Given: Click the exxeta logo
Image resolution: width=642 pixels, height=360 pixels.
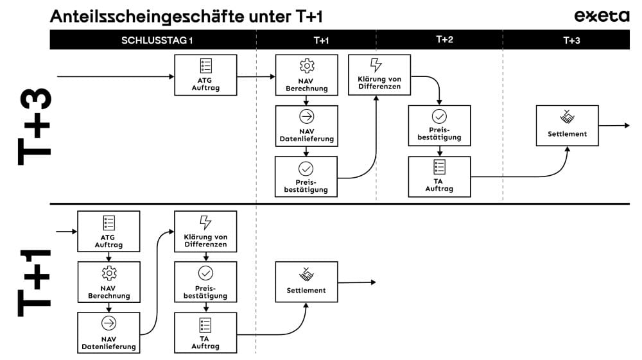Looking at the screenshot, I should pyautogui.click(x=602, y=16).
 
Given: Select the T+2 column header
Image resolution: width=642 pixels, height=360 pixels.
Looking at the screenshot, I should pyautogui.click(x=444, y=40).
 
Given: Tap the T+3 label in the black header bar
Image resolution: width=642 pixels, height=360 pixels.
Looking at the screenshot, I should pyautogui.click(x=571, y=40).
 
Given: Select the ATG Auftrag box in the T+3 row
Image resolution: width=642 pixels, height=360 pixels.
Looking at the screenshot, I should pyautogui.click(x=205, y=75).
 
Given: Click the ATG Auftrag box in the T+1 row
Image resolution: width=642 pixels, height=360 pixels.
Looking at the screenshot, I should pyautogui.click(x=108, y=231).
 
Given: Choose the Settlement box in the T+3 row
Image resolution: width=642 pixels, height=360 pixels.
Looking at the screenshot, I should pyautogui.click(x=568, y=125).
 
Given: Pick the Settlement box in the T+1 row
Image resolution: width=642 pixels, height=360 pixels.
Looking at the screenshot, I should pyautogui.click(x=306, y=282).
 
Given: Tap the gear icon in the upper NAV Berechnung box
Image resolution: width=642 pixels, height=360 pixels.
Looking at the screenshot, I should pyautogui.click(x=307, y=65).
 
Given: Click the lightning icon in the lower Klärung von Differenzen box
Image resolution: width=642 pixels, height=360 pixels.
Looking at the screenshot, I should pyautogui.click(x=205, y=222).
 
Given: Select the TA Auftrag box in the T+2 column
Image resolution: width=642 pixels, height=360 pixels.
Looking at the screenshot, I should pyautogui.click(x=439, y=176).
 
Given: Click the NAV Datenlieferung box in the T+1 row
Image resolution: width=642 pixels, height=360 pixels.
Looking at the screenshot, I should pyautogui.click(x=108, y=332).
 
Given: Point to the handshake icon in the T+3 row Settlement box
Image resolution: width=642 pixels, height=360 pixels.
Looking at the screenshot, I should pyautogui.click(x=568, y=117).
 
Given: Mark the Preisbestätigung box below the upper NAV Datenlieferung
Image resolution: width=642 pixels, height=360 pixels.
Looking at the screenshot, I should pyautogui.click(x=306, y=176).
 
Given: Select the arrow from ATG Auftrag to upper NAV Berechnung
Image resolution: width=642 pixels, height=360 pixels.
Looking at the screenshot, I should pyautogui.click(x=256, y=77).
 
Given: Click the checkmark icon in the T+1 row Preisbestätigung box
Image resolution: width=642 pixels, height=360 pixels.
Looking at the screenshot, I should pyautogui.click(x=205, y=273).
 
